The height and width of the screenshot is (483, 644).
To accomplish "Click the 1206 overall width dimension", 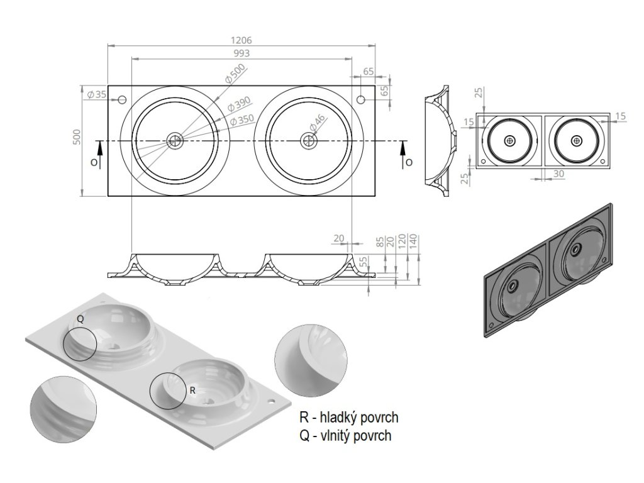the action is click(x=241, y=40).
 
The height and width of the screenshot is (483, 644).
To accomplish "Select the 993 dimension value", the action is click(x=241, y=53).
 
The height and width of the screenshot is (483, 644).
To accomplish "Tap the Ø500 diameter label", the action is click(x=235, y=74).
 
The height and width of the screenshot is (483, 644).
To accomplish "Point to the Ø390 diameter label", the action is click(x=238, y=104).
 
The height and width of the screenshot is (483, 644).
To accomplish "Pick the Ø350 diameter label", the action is click(x=242, y=119).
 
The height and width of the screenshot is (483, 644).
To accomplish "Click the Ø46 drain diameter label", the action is click(x=317, y=124).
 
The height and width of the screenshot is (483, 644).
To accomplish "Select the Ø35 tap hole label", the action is click(x=97, y=94).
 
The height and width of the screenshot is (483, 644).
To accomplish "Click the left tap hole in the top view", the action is click(x=122, y=100).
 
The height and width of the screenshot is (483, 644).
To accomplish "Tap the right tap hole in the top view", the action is click(x=360, y=100).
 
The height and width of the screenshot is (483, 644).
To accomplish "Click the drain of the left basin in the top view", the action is click(x=175, y=141).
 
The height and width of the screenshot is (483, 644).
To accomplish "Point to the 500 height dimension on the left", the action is click(x=77, y=136).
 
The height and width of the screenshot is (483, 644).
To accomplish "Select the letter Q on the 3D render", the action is click(x=80, y=319).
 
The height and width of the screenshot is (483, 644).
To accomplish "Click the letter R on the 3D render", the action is click(x=192, y=391).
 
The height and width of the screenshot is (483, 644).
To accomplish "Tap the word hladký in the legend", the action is click(x=337, y=418).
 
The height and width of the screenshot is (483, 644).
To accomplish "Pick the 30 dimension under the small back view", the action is click(x=558, y=174).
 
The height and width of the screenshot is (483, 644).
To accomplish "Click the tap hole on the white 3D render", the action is click(x=272, y=399).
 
